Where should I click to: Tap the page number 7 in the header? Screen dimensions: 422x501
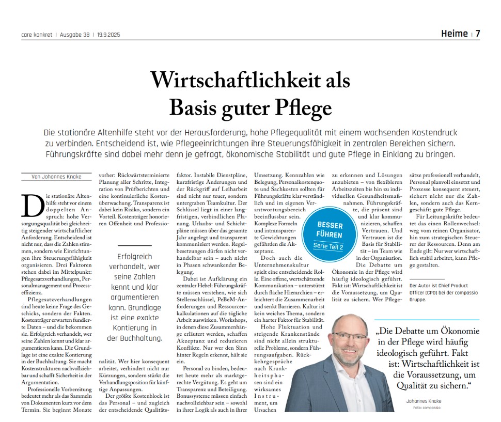[478, 34]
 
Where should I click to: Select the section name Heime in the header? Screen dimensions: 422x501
[454, 34]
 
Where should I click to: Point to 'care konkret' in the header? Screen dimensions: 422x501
[36, 35]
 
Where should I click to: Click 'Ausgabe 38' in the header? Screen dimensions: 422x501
[75, 35]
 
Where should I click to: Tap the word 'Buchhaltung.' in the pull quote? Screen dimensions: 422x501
[135, 339]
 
